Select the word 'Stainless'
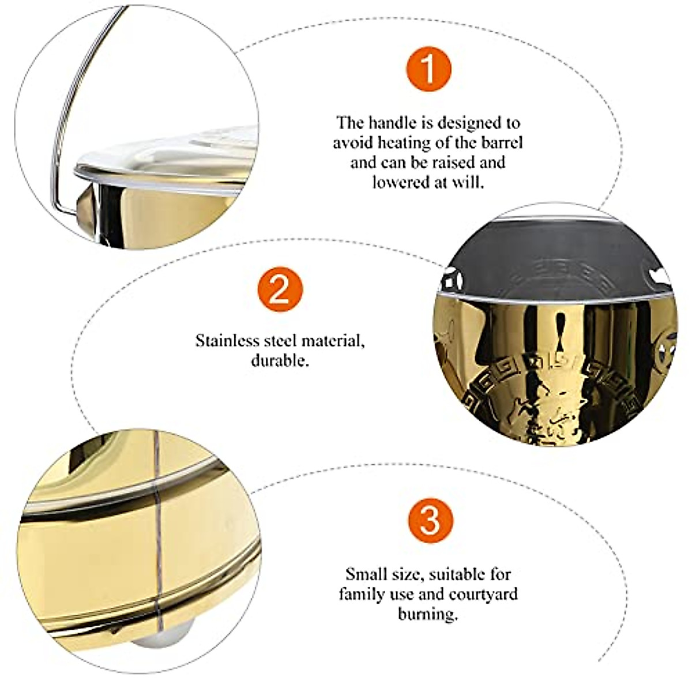[x=227, y=340]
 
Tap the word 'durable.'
[x=280, y=360]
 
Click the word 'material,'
[x=337, y=340]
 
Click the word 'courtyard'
[x=483, y=593]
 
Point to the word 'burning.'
[x=428, y=614]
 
